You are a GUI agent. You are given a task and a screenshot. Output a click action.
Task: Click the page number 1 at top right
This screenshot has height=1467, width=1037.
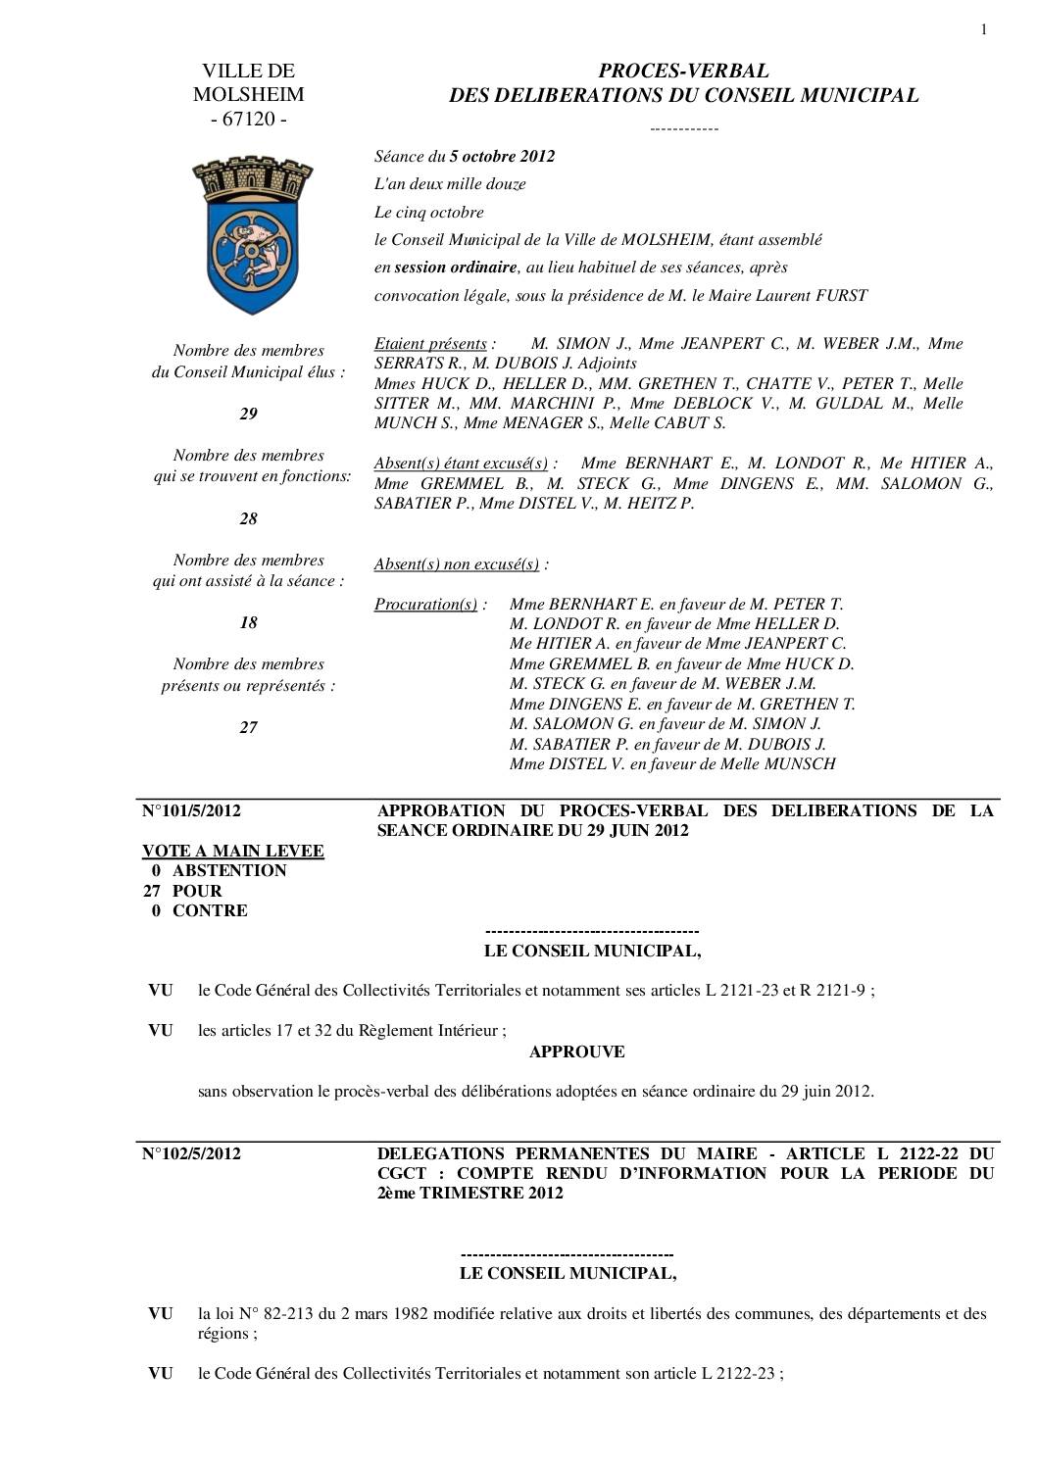pos(983,29)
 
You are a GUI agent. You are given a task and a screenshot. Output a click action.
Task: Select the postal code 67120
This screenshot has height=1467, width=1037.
pos(249,120)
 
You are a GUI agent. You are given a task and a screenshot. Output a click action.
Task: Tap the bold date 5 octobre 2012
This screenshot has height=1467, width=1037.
pos(502,156)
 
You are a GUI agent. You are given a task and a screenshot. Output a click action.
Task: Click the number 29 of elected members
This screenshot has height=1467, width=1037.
pos(249,414)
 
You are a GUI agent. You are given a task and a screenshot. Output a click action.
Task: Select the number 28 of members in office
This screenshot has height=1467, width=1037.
pos(249,518)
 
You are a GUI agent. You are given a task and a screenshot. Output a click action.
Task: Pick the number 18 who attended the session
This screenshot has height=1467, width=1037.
pos(249,622)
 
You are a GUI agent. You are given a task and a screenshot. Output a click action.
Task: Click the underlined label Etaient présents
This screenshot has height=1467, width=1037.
pos(430,344)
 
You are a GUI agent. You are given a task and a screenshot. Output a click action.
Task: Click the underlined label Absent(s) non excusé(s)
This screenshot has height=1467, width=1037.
pos(457,564)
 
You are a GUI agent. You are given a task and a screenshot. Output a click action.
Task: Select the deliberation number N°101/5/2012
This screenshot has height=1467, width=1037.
pos(192,810)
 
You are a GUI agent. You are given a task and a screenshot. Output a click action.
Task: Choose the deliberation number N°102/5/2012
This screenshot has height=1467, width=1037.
pos(192,1153)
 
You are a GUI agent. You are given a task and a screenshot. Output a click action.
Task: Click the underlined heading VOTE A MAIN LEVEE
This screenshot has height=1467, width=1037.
pos(233,851)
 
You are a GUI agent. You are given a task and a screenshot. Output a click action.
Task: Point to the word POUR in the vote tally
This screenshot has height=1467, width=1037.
pos(197,891)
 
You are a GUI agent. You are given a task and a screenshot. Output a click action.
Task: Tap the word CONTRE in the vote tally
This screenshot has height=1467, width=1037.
pos(210,910)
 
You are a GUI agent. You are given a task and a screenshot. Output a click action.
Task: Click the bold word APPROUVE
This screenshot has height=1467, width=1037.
pos(576,1051)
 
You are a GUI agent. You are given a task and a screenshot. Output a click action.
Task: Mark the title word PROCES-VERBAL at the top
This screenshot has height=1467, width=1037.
pos(683,71)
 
